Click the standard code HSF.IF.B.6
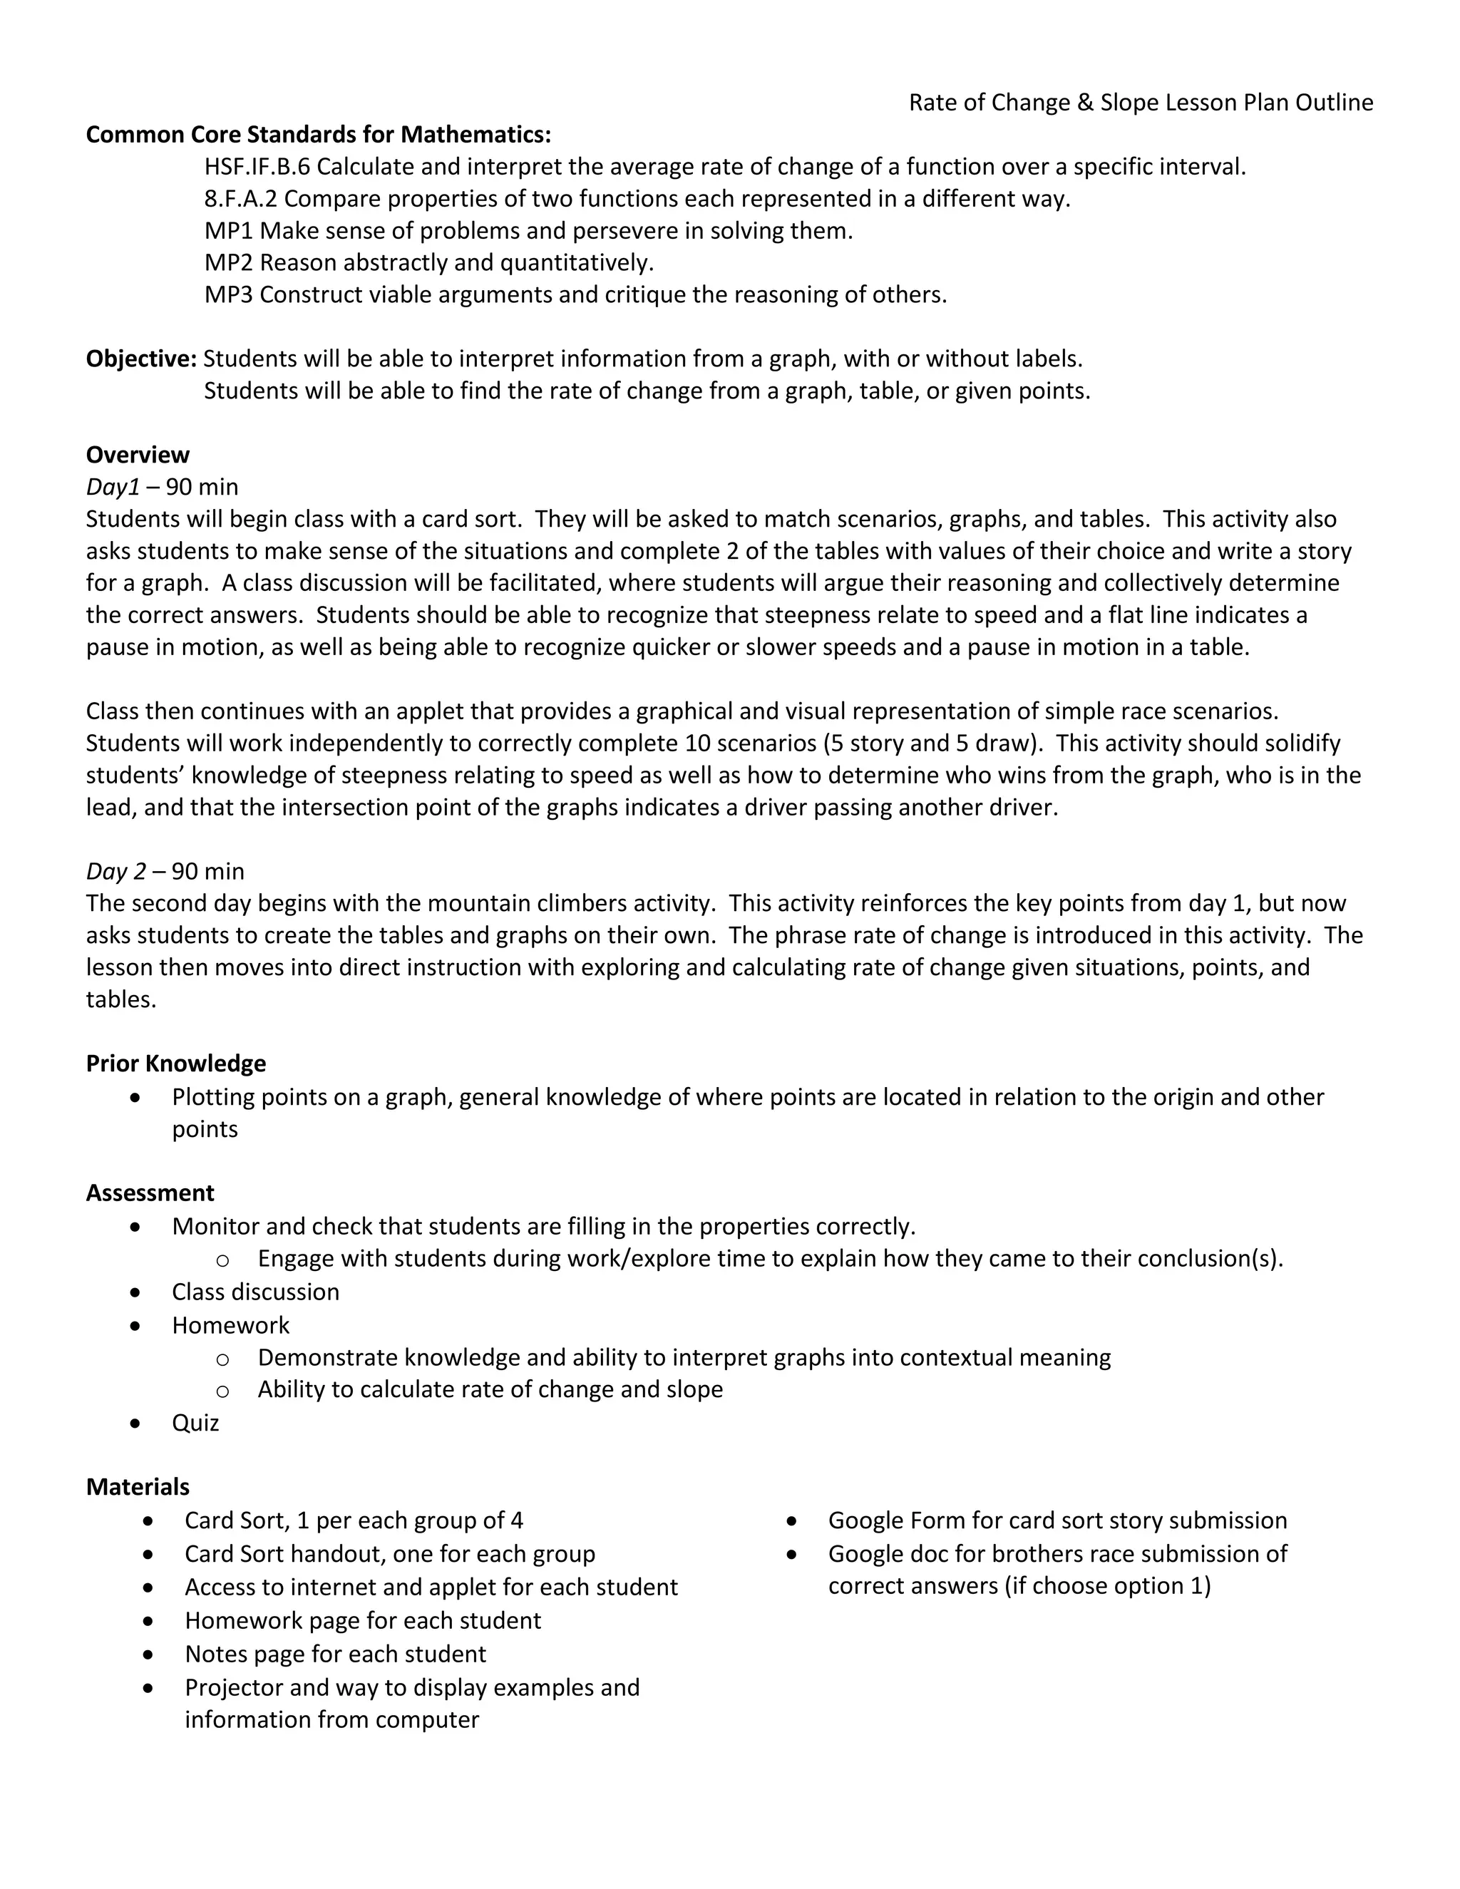tap(257, 167)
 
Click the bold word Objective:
tap(141, 359)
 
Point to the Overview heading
tap(138, 455)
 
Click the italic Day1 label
tap(113, 487)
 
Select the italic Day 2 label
tap(116, 871)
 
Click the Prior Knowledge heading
tap(175, 1063)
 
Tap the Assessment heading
tap(150, 1193)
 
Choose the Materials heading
tap(138, 1487)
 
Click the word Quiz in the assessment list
tap(195, 1423)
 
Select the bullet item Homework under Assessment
tap(230, 1325)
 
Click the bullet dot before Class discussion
tap(135, 1292)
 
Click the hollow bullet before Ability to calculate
tap(222, 1391)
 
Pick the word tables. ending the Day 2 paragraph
tap(121, 1000)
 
